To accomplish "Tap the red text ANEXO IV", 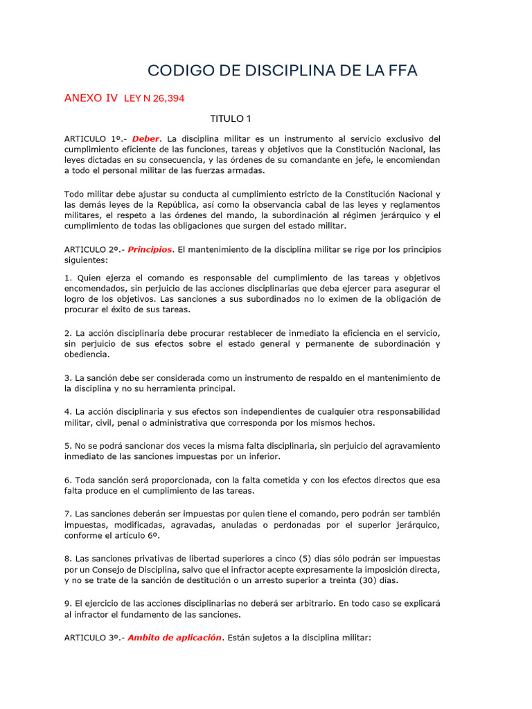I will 91,98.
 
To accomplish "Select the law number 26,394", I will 164,98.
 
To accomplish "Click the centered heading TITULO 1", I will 231,118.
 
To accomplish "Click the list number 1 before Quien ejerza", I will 66,278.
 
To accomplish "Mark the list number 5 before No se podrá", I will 66,445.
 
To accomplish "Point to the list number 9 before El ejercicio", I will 66,602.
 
